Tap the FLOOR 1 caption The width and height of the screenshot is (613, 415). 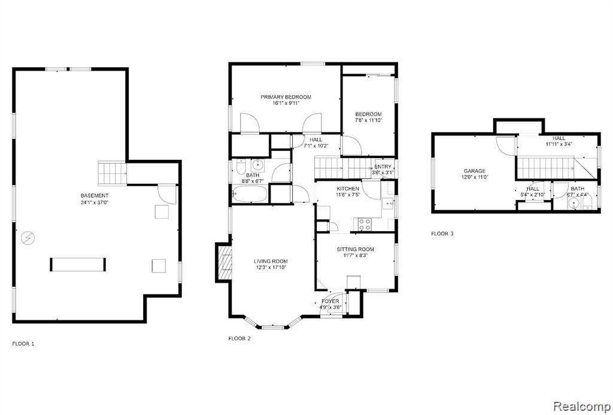23,344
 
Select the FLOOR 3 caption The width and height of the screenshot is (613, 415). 442,234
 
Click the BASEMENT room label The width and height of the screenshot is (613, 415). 95,196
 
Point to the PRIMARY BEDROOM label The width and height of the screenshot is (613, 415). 286,97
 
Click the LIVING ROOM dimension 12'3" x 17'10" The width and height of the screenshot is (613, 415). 271,268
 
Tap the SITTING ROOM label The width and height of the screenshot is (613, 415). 356,249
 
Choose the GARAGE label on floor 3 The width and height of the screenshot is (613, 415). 475,171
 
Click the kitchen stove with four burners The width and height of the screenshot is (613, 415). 365,225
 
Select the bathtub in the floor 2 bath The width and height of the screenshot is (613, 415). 250,194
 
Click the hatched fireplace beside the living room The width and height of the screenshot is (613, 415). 224,262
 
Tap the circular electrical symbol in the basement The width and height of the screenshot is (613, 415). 28,237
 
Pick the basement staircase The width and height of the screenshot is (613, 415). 112,173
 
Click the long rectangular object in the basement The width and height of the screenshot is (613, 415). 78,265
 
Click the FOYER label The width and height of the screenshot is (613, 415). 330,301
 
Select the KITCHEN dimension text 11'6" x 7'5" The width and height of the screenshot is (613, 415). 348,195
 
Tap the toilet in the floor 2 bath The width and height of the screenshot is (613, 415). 241,167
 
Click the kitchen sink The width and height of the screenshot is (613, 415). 388,204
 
